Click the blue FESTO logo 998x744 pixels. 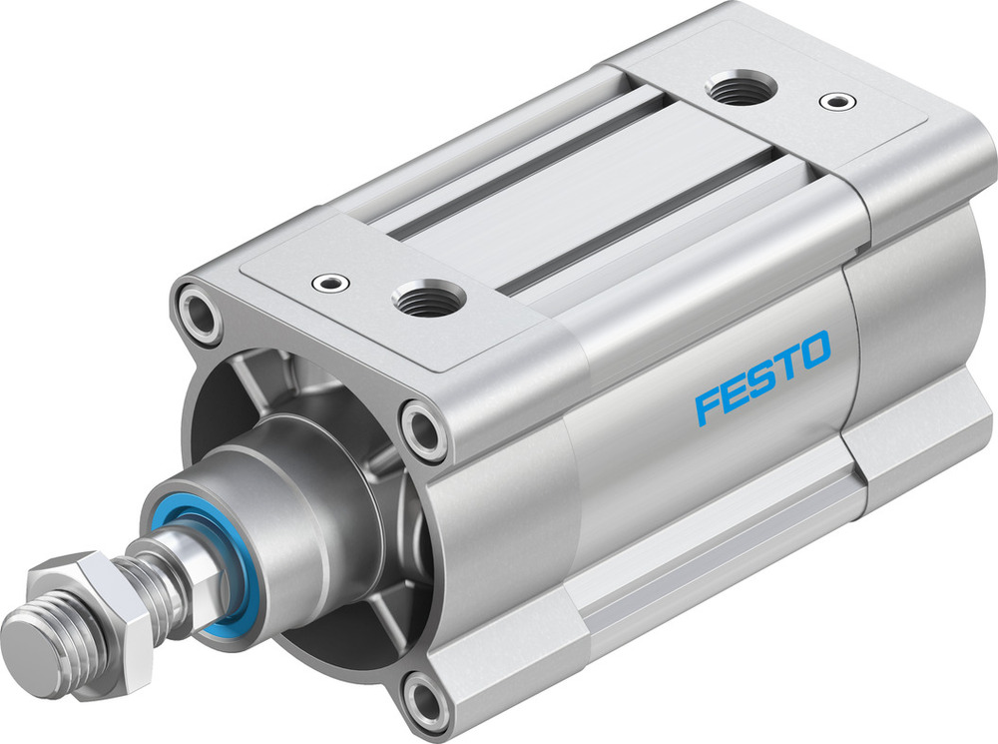point(762,376)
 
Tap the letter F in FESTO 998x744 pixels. point(710,403)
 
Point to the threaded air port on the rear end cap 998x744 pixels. point(739,90)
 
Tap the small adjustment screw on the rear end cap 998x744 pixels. point(834,100)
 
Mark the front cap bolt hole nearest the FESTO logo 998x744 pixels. point(422,430)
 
